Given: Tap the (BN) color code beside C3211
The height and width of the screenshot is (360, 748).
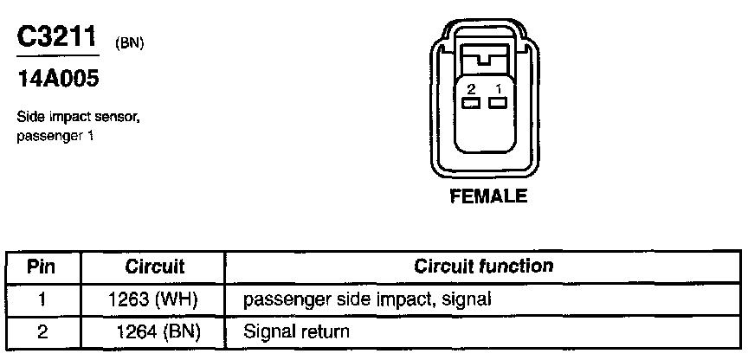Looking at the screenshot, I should pyautogui.click(x=129, y=43).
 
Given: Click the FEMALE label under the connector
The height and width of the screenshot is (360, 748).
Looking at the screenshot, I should pyautogui.click(x=488, y=196).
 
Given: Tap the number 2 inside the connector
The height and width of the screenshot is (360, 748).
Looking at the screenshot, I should pyautogui.click(x=471, y=89).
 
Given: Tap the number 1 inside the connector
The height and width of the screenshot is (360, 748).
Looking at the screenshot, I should pyautogui.click(x=497, y=89).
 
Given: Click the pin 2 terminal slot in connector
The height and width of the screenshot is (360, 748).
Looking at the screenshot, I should pyautogui.click(x=471, y=104).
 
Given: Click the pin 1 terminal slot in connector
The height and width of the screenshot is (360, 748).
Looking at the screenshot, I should pyautogui.click(x=497, y=104).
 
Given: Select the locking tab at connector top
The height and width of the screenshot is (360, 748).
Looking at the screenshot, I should pyautogui.click(x=484, y=61).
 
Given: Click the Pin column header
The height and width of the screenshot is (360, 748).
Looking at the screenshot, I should pyautogui.click(x=42, y=267).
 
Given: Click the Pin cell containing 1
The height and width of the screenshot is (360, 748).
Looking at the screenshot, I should pyautogui.click(x=42, y=299).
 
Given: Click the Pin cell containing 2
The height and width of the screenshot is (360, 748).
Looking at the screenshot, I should pyautogui.click(x=42, y=331).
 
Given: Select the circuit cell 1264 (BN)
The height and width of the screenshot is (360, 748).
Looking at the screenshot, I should pyautogui.click(x=158, y=331).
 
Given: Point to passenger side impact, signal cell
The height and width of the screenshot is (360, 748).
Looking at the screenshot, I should pyautogui.click(x=368, y=299).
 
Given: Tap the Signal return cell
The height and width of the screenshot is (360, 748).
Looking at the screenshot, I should pyautogui.click(x=297, y=331).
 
